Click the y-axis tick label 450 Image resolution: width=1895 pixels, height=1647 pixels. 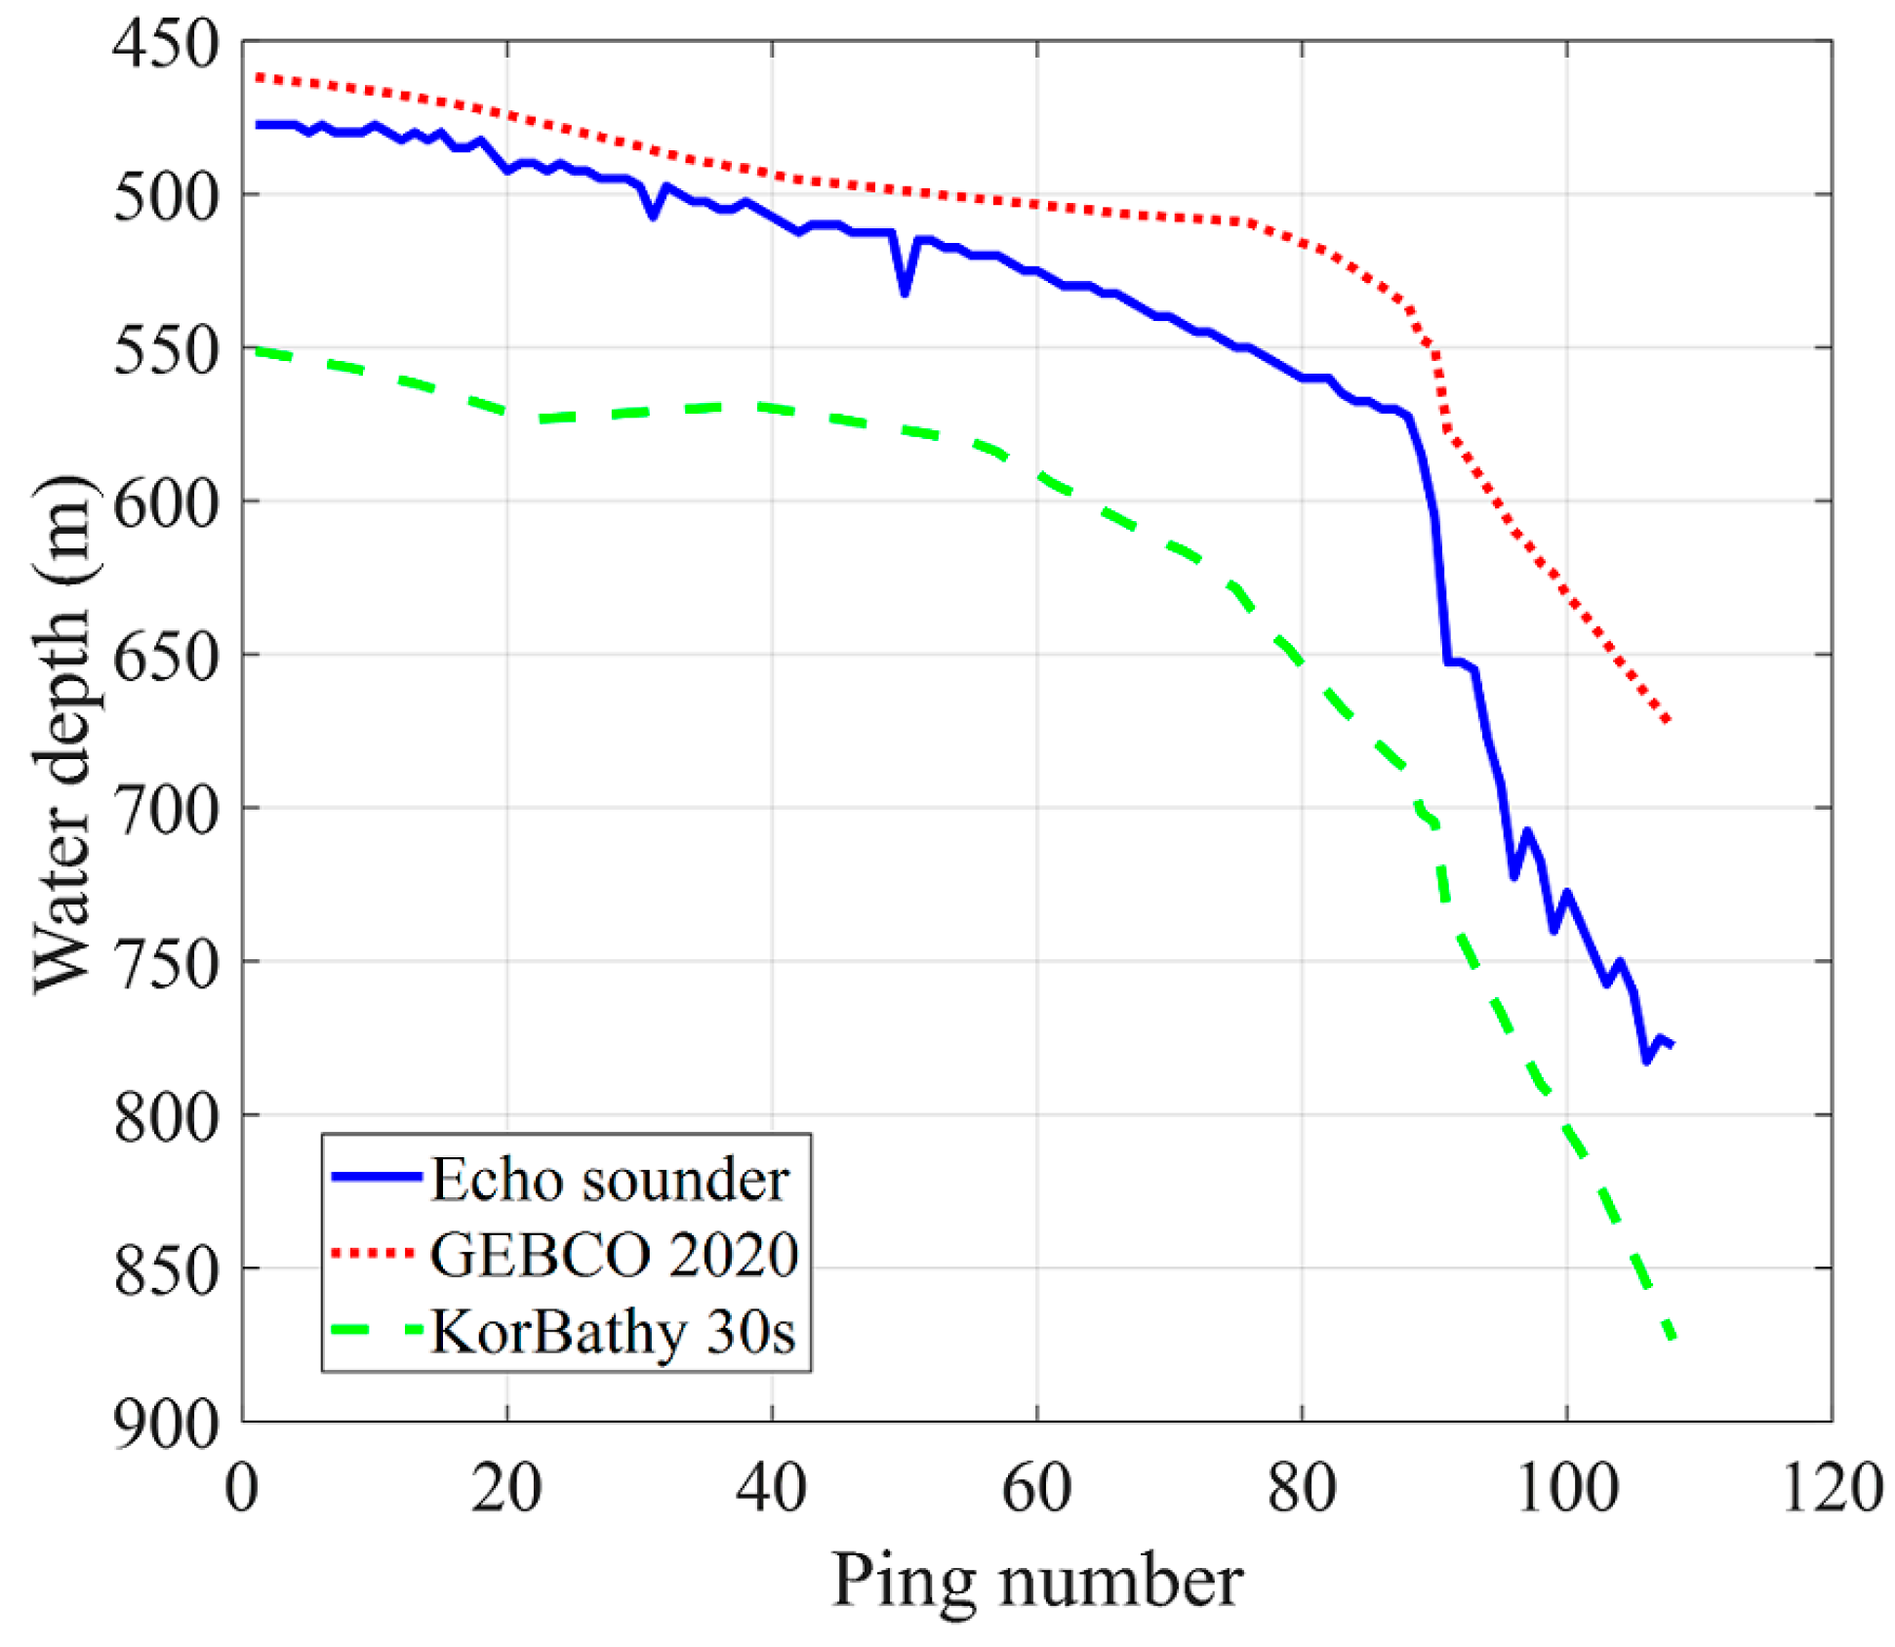[166, 44]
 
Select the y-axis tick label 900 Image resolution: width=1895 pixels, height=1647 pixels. [166, 1425]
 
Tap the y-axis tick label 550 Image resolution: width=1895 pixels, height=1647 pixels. [166, 350]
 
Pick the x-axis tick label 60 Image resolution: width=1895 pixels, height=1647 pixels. [1036, 1489]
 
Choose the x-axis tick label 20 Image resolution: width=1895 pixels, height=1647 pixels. [506, 1489]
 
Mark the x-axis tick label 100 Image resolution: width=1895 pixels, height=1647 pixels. [1567, 1489]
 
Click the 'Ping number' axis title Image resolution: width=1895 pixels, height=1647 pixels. [1036, 1581]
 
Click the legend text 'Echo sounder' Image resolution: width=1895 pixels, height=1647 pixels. [609, 1180]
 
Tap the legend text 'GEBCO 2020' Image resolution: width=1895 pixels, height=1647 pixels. [614, 1255]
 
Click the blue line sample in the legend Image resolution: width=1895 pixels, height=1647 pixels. [376, 1177]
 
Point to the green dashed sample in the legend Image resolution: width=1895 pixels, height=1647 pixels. [376, 1330]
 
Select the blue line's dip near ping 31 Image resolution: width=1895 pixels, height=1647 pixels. [653, 216]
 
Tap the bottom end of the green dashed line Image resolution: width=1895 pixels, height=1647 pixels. [1672, 1336]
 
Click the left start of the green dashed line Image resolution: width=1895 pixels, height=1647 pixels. [257, 349]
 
